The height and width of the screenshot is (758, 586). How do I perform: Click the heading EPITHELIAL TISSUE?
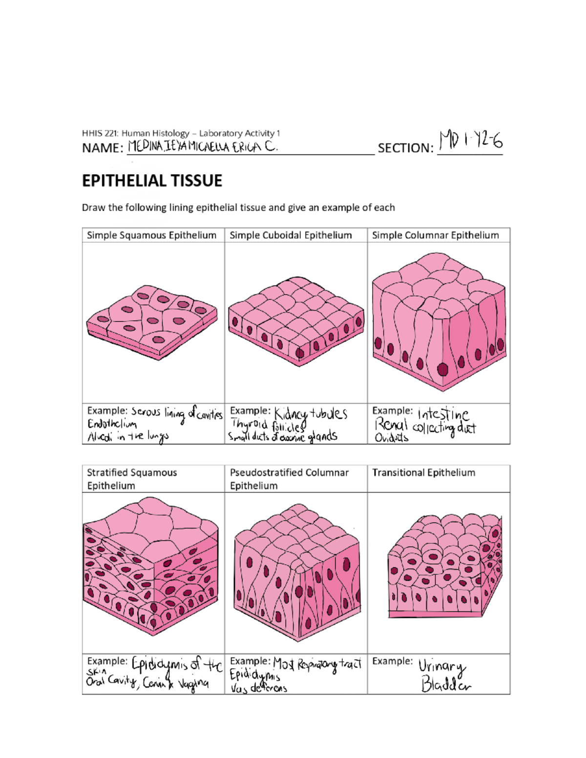[152, 181]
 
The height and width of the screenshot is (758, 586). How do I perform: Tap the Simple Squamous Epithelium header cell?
[151, 235]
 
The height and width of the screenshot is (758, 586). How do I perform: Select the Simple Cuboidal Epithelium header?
[291, 235]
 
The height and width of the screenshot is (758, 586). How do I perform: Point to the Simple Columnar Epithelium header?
[435, 235]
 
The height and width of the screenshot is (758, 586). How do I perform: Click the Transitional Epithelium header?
[423, 472]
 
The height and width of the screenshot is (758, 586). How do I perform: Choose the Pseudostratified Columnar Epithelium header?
[289, 479]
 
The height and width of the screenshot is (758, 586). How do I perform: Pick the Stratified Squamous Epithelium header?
[132, 479]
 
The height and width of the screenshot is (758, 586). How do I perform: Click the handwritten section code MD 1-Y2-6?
[470, 142]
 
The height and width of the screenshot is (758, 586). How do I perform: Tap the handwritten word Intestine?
[443, 414]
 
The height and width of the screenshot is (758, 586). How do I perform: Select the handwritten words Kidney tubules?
[311, 414]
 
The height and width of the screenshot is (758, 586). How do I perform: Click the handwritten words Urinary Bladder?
[443, 676]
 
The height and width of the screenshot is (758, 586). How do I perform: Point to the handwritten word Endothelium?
[112, 424]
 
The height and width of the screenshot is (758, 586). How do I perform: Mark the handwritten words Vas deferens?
[259, 688]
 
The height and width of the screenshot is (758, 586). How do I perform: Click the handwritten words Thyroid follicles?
[268, 426]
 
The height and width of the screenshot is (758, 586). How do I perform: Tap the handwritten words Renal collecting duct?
[425, 428]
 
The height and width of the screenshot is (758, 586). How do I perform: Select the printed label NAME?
[103, 148]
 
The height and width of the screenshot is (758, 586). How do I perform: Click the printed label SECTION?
[405, 148]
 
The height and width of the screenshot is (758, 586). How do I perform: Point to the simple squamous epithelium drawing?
[151, 322]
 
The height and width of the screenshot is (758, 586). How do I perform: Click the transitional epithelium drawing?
[444, 566]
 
